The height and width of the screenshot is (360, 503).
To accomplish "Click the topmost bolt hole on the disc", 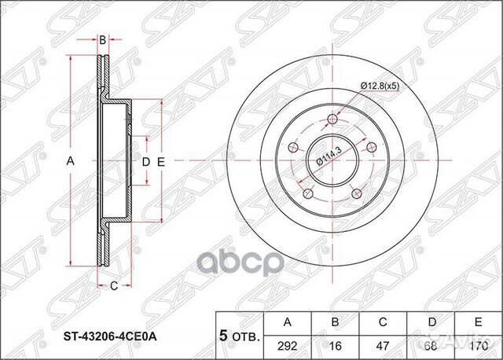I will tap(332, 119).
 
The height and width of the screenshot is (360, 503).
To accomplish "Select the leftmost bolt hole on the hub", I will tap(293, 147).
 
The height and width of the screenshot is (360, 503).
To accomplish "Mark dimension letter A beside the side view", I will tap(70, 161).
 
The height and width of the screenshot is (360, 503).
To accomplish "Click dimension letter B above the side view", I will tap(102, 39).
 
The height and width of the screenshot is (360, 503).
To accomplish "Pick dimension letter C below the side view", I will tap(114, 285).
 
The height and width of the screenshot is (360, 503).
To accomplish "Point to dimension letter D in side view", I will tap(145, 161).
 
